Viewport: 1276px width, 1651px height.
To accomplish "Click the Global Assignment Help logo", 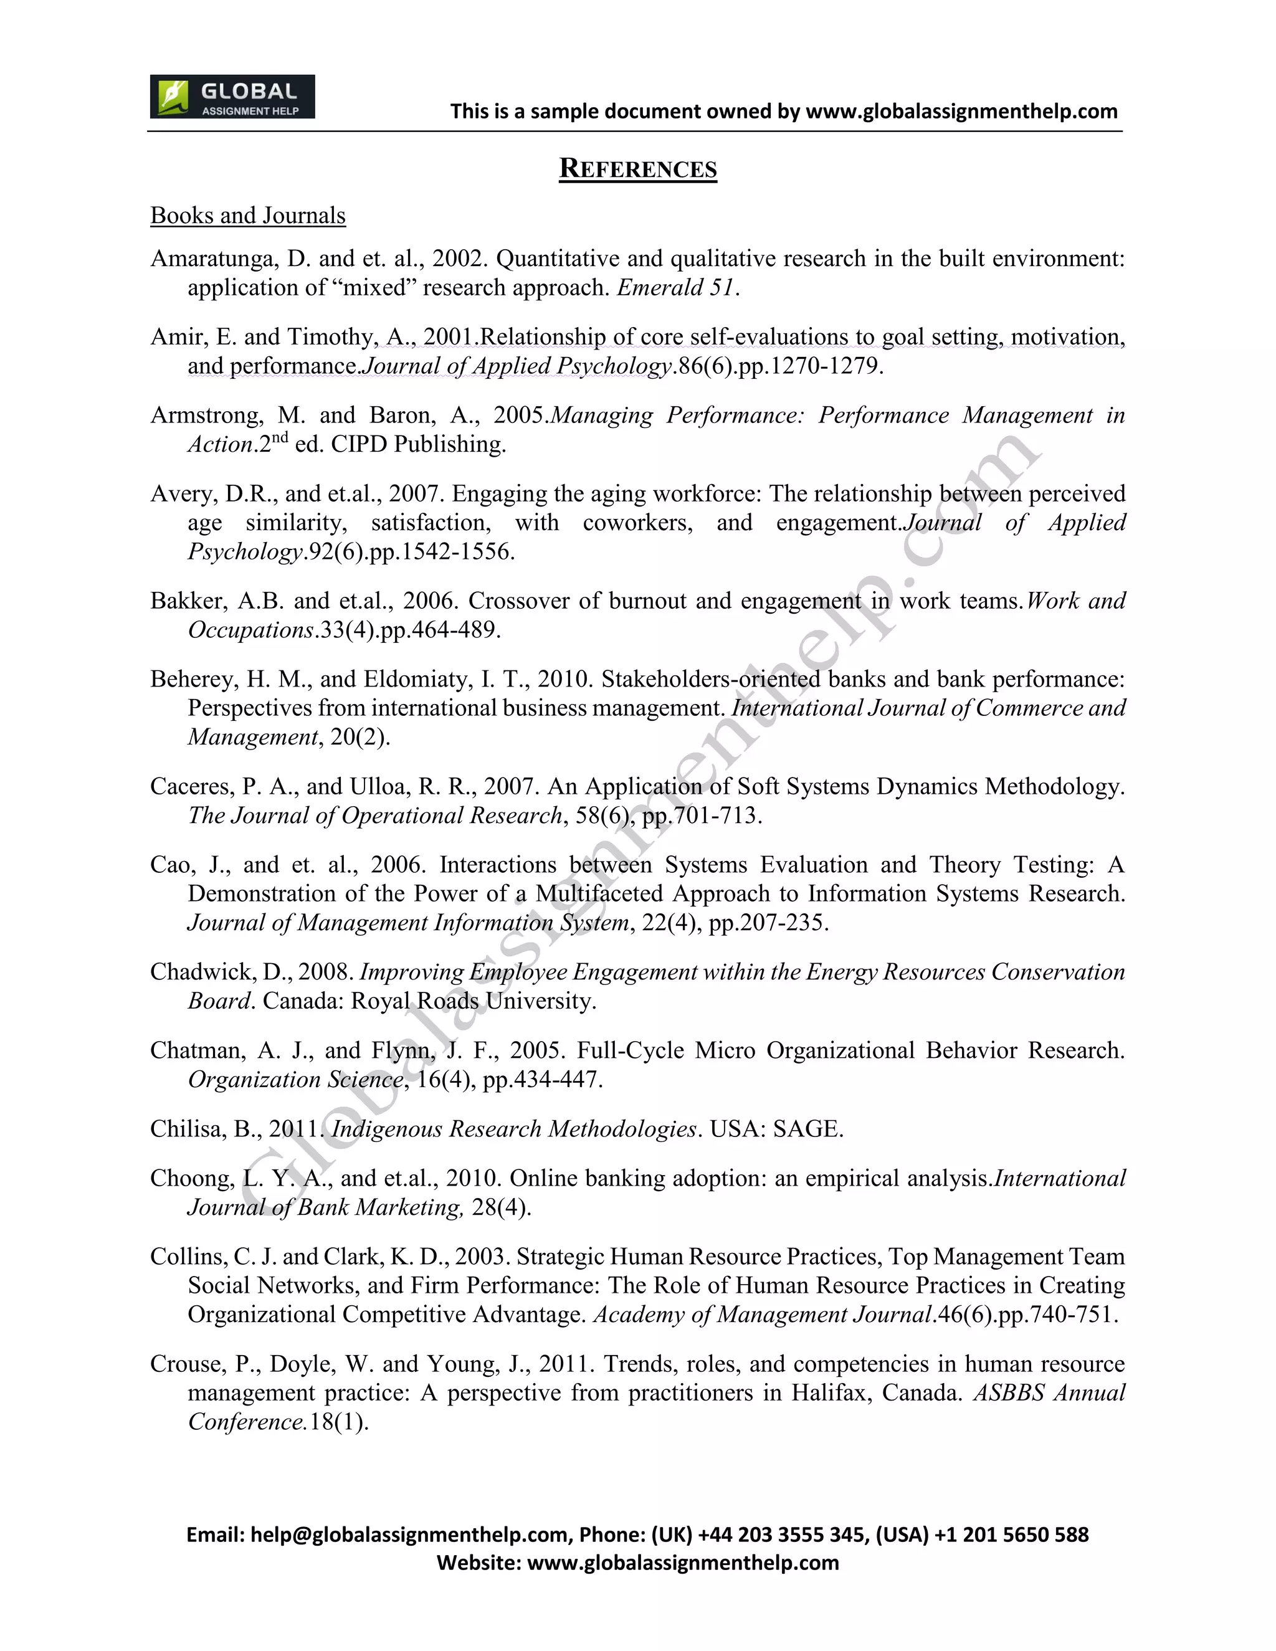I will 232,97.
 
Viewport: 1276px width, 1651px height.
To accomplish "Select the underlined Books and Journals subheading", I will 248,216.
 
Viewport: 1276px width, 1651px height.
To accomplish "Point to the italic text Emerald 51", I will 676,288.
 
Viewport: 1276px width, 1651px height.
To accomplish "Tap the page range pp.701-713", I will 699,816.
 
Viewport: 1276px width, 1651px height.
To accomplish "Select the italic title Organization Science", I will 295,1080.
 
